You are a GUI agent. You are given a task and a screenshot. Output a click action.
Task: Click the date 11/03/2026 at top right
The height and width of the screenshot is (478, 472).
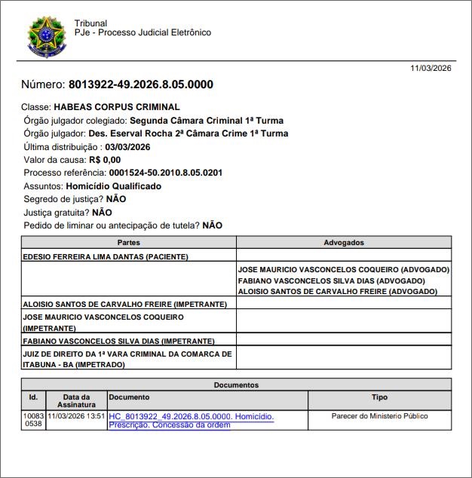click(x=431, y=68)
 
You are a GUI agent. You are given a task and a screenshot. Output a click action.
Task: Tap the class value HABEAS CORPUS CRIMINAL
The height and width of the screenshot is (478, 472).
click(x=116, y=107)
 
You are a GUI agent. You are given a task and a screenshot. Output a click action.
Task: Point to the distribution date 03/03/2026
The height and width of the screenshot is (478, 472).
click(x=128, y=147)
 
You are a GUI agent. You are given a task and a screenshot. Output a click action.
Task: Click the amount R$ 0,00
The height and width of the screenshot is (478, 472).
click(x=105, y=160)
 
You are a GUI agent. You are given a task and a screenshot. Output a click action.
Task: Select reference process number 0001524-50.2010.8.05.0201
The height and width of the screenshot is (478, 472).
click(x=166, y=173)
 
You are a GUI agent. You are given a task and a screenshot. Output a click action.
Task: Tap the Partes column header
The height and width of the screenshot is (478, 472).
click(x=129, y=243)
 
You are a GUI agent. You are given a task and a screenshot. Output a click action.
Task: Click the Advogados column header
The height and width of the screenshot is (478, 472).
click(x=344, y=243)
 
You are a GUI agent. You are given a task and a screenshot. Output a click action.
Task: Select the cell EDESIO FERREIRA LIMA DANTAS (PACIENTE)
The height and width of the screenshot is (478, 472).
click(x=106, y=256)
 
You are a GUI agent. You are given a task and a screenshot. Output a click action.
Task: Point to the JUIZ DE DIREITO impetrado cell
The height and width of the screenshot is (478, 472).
click(x=127, y=359)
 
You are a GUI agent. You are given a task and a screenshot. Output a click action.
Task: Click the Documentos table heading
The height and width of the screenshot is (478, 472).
click(x=236, y=385)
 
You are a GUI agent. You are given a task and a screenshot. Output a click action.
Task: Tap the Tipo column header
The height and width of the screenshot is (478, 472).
click(x=380, y=397)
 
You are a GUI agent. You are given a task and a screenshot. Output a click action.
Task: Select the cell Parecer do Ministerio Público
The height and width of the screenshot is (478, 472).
click(x=379, y=416)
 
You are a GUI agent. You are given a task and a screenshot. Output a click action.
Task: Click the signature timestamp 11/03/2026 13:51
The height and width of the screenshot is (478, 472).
click(x=76, y=416)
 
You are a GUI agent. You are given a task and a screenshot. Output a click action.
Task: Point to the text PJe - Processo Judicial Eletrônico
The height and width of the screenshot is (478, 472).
click(x=143, y=33)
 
